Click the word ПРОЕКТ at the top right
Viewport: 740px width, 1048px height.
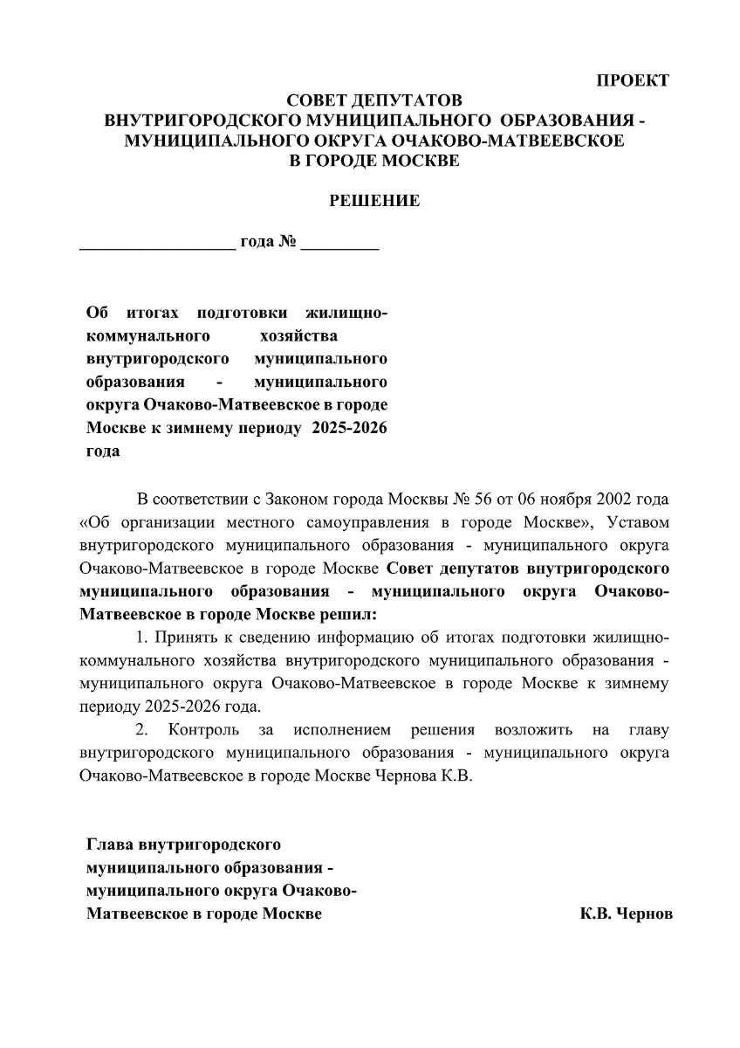coord(633,81)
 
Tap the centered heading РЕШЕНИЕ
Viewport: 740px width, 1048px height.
coord(374,201)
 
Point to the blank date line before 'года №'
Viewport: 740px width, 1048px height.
coord(157,245)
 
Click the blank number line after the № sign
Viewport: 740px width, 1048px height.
coord(339,245)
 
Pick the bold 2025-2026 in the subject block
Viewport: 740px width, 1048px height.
coord(347,429)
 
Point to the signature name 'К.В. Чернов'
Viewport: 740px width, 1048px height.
coord(626,914)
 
